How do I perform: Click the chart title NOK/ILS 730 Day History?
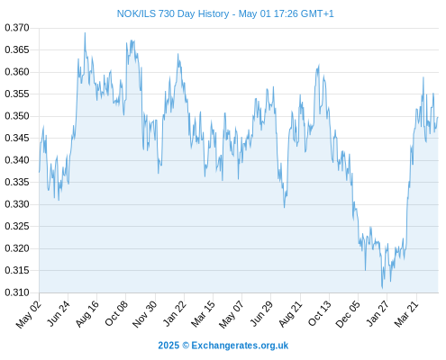(173, 13)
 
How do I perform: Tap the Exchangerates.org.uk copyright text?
(223, 346)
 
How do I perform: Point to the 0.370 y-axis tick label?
(17, 28)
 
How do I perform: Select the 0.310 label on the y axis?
(17, 292)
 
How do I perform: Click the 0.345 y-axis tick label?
(17, 139)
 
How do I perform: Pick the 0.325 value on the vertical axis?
(17, 226)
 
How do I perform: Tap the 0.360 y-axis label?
(17, 72)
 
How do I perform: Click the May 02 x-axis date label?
(29, 314)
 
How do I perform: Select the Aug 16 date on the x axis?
(87, 314)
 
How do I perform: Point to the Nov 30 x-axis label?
(145, 314)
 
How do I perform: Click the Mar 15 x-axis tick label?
(204, 314)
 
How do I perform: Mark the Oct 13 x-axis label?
(320, 314)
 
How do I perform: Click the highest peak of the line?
(85, 32)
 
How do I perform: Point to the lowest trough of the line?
(382, 288)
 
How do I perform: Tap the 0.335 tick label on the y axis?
(17, 182)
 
